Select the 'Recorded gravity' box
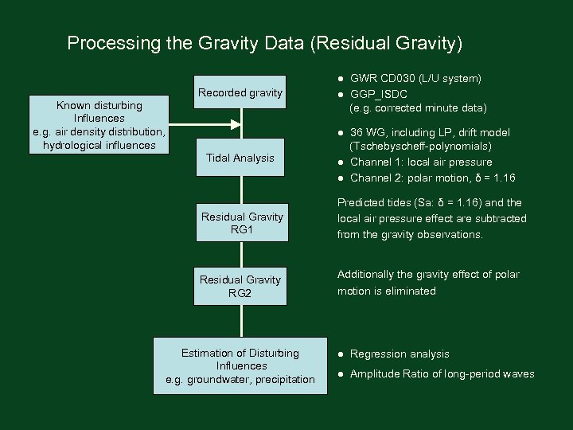coord(240,93)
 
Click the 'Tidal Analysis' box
coord(240,158)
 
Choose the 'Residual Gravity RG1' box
coord(241,223)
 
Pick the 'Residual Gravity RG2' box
coord(240,286)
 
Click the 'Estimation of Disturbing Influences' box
coord(240,366)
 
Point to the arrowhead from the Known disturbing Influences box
coord(235,123)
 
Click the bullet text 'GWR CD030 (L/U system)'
coord(415,79)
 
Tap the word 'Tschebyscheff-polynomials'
coord(420,147)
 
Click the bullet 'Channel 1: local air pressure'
coord(421,162)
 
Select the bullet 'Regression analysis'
coord(400,354)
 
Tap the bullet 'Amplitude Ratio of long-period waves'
coord(442,374)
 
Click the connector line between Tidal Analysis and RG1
coord(241,190)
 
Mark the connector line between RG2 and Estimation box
coord(241,321)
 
